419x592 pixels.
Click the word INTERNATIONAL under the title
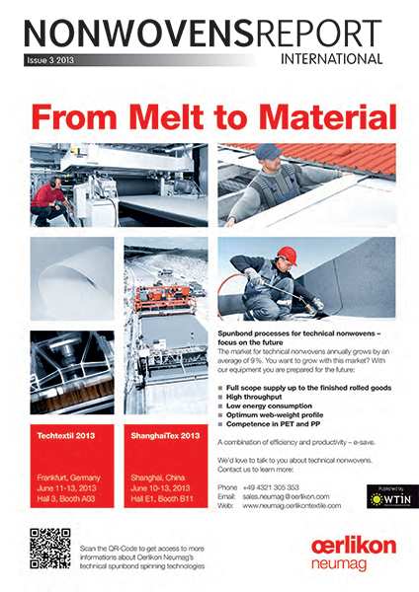pyautogui.click(x=331, y=58)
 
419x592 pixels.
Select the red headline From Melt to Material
pyautogui.click(x=209, y=119)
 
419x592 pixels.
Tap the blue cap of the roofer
pyautogui.click(x=267, y=152)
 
